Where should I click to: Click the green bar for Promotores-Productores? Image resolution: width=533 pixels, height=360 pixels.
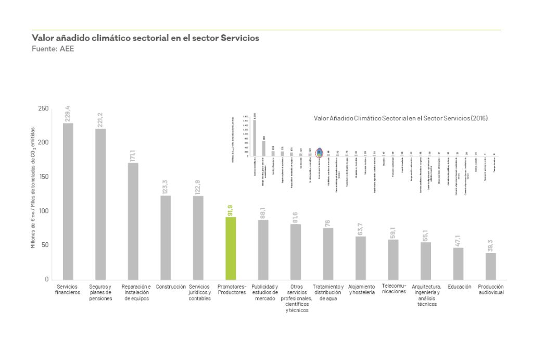231,248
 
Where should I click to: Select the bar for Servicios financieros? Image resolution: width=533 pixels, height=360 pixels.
68,201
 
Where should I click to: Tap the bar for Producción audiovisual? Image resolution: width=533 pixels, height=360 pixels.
491,266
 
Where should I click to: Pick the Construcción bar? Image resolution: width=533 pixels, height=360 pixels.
166,237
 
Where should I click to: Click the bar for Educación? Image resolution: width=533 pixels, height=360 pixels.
458,263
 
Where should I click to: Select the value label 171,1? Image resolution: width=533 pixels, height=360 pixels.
133,154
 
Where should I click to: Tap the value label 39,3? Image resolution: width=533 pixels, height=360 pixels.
491,245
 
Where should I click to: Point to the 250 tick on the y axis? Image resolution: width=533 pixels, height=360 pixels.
43,108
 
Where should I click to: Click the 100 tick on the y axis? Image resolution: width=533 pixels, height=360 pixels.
43,211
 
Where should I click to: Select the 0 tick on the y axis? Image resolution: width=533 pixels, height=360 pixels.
46,279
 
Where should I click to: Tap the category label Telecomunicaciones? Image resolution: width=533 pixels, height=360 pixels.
394,289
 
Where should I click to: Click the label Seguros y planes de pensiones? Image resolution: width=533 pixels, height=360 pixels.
100,292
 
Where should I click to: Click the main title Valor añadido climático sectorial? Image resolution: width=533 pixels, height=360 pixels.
145,38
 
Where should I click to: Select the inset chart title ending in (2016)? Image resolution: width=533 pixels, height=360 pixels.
401,118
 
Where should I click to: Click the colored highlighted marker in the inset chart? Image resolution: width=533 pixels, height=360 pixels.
319,152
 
